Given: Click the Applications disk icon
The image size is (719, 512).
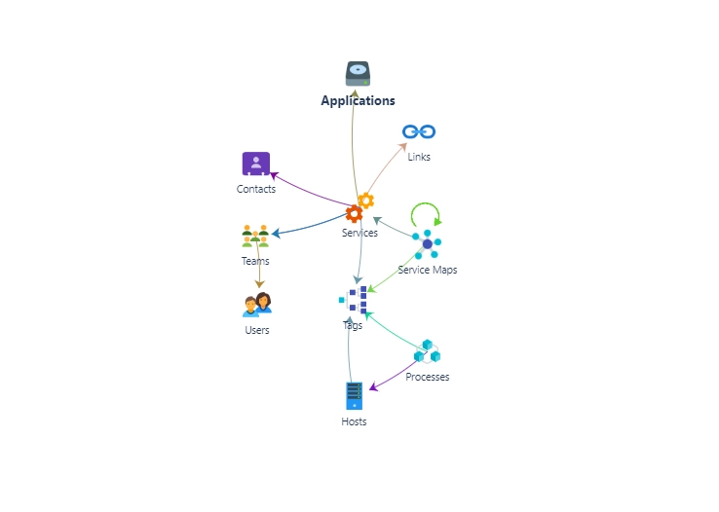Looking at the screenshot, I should coord(359,74).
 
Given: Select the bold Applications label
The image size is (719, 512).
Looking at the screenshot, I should coord(359,100).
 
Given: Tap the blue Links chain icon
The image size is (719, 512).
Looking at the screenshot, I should coord(419,131).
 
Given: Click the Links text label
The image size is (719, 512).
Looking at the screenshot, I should coord(419,157).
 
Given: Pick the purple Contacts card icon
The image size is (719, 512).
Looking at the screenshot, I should coord(255,164).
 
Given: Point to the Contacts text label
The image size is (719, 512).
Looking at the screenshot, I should coord(256,189).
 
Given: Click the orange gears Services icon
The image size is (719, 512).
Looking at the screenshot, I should coord(359,207).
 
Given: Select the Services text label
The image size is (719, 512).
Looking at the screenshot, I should coord(359,233).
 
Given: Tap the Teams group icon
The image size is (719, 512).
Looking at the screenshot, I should coord(255,236).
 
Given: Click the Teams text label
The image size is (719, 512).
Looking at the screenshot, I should coord(255,261).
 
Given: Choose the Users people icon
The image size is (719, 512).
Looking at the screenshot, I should coord(257,305).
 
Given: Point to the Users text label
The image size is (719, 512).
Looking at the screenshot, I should coord(257,330).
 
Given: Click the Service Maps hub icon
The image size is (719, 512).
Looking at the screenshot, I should coord(427,243).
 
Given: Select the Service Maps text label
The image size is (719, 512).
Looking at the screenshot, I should coord(427,270).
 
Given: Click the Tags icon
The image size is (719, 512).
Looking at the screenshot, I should coord(355,299).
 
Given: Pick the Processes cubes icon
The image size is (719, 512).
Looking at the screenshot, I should coord(427,351).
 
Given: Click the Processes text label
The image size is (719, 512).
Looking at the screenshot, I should coord(428,377).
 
